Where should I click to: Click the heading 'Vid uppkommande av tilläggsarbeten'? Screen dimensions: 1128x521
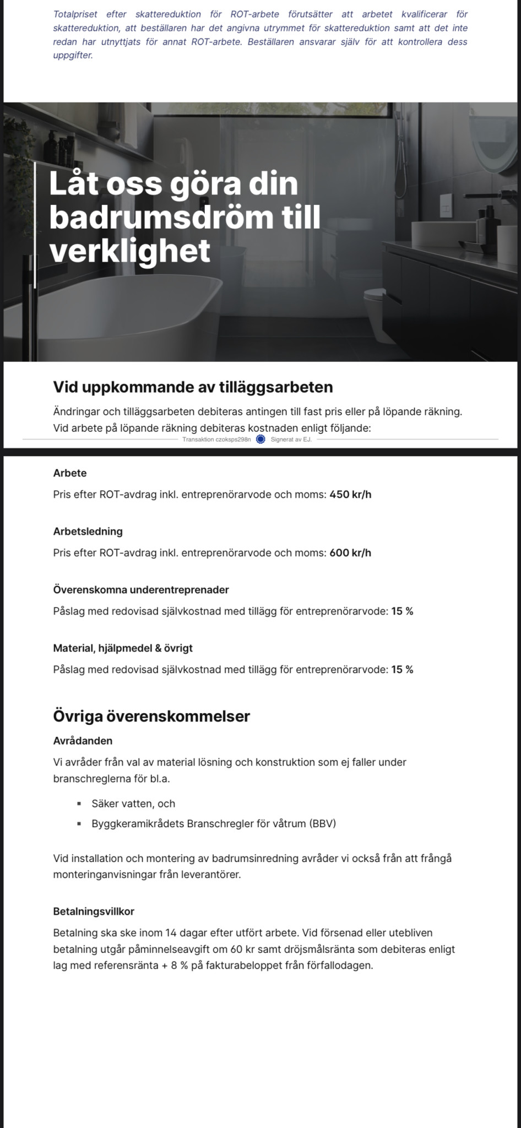193,387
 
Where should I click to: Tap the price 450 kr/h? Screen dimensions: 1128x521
350,495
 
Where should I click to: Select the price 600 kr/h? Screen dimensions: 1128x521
350,553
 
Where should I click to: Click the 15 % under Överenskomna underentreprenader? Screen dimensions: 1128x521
402,611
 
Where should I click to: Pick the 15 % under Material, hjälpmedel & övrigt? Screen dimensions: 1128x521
402,670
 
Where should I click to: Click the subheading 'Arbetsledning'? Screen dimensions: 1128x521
88,532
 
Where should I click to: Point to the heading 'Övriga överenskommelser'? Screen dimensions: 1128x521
151,717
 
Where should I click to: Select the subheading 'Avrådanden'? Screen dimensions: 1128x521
83,741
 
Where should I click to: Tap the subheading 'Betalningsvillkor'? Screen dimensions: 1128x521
94,912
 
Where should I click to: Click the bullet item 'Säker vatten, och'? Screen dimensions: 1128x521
133,804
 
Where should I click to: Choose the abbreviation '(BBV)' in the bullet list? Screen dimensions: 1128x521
322,824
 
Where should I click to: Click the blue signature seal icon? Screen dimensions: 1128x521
261,439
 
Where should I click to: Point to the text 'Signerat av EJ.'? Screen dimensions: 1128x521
291,440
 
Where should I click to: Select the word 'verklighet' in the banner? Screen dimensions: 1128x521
130,251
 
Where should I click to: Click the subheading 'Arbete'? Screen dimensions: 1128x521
70,473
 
